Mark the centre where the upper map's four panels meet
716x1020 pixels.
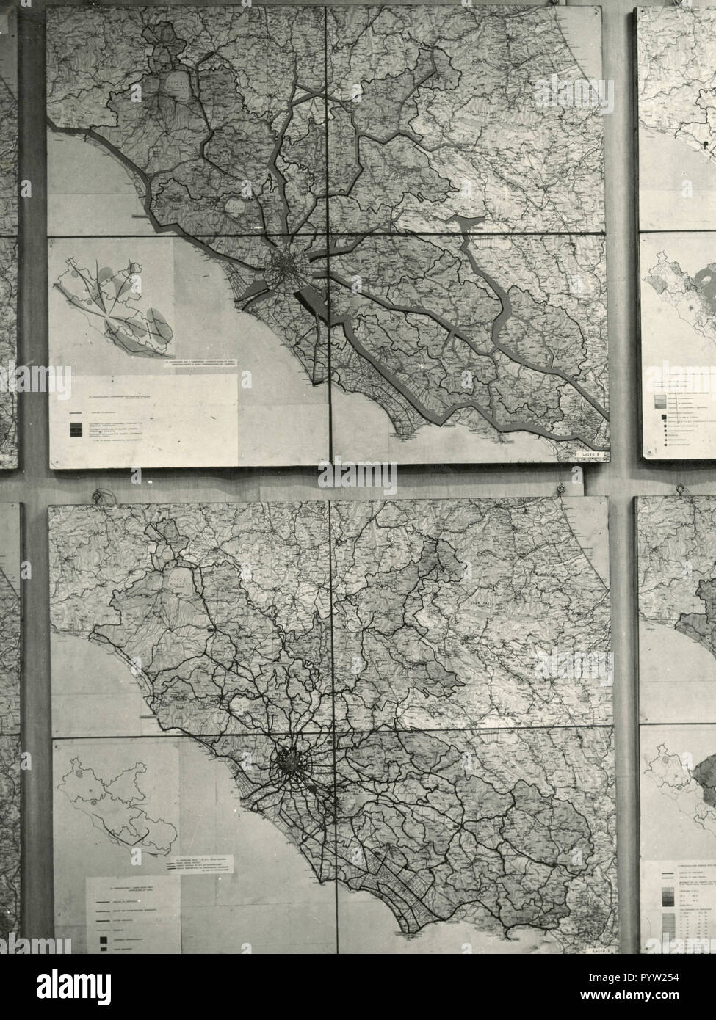click(327, 235)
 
